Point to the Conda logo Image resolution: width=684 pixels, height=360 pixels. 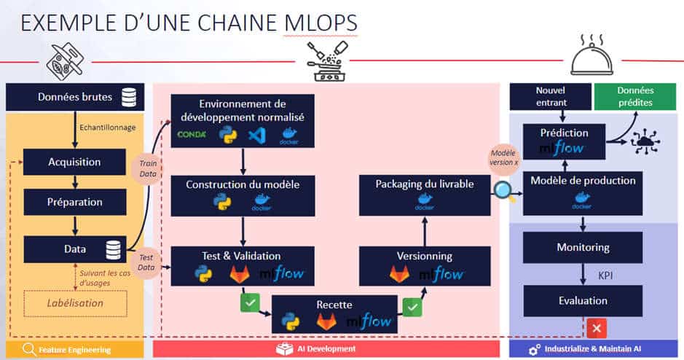click(x=192, y=135)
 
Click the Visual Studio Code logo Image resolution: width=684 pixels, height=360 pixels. click(x=255, y=135)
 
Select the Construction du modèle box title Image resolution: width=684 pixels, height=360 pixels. click(x=243, y=184)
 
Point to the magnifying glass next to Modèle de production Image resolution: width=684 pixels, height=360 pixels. click(x=503, y=190)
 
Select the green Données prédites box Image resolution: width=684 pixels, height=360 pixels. click(x=634, y=96)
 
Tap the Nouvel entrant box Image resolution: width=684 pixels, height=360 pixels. click(x=550, y=96)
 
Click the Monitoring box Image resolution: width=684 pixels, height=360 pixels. click(x=583, y=247)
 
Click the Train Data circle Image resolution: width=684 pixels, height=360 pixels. click(x=148, y=168)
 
